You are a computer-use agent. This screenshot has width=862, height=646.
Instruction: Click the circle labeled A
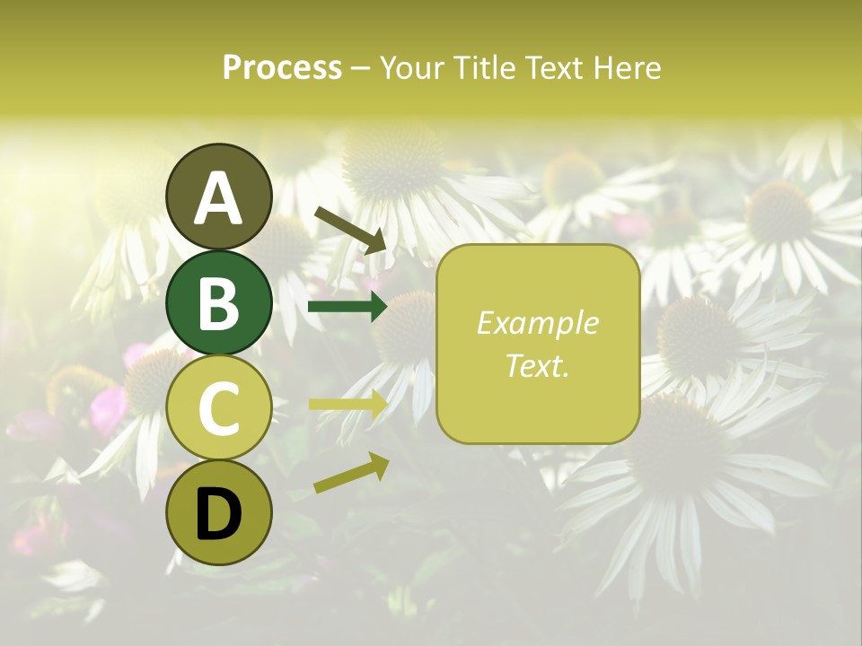[x=218, y=196]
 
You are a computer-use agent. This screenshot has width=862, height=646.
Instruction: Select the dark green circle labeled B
[x=218, y=302]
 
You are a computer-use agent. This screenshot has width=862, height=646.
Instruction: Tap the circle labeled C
[x=218, y=407]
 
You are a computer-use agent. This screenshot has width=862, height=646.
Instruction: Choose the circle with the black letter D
[x=218, y=512]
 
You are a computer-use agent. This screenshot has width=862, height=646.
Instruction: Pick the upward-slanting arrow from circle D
[x=351, y=474]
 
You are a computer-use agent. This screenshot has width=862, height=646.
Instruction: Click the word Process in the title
[x=282, y=67]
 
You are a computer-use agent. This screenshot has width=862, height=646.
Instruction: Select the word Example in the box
[x=538, y=323]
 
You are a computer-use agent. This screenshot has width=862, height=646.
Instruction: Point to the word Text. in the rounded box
[x=538, y=365]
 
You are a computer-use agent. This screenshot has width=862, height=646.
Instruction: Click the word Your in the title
[x=411, y=67]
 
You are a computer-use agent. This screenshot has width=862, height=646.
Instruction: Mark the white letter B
[x=218, y=302]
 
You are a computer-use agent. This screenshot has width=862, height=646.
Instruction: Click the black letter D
[x=218, y=513]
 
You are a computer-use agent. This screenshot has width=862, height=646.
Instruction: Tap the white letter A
[x=218, y=197]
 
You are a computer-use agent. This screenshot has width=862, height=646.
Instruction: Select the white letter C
[x=218, y=408]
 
